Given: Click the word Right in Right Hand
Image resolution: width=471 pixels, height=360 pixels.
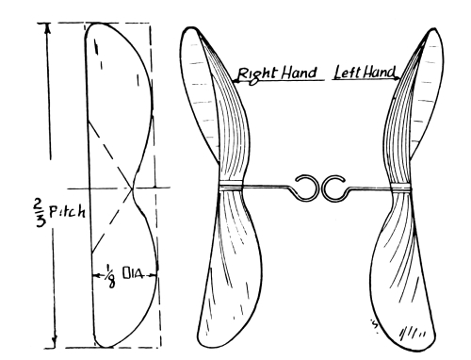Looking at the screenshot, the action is [256, 74].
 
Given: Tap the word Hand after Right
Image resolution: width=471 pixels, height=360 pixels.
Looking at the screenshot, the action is [299, 73].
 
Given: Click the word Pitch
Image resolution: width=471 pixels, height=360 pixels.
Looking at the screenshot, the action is [67, 212].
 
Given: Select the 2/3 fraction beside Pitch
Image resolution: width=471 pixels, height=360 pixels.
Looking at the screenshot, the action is [40, 213].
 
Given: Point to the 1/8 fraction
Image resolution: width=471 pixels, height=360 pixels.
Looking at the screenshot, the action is [110, 276].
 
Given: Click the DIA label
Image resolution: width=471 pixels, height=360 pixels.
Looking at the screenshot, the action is [133, 274].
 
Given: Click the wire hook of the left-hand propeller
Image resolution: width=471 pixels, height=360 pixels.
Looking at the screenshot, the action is [335, 188].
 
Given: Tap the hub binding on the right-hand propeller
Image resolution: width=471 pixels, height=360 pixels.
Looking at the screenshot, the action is [231, 186].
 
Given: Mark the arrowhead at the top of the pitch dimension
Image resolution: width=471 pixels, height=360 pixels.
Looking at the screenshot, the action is [47, 28].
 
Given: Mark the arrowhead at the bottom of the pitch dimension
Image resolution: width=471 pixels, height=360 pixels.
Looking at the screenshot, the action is [55, 341].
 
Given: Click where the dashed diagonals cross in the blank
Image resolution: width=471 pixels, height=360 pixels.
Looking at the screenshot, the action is [132, 188].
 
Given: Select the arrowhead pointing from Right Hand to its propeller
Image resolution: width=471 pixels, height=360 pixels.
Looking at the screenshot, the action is [236, 81].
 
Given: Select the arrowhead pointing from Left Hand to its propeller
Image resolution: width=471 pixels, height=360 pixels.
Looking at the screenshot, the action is [398, 78].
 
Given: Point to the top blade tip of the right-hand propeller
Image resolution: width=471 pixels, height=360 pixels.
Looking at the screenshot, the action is [190, 29].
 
